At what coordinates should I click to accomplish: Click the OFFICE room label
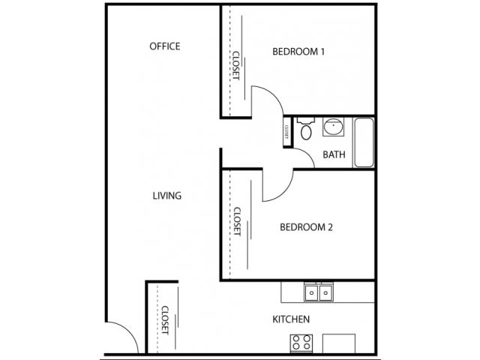(165, 46)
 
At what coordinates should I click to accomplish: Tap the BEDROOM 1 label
(298, 52)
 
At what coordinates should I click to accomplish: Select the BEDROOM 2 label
(306, 227)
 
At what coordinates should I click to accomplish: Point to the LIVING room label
(166, 196)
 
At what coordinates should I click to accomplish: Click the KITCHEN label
(291, 319)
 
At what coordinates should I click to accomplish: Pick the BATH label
(334, 154)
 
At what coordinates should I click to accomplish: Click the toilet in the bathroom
(306, 128)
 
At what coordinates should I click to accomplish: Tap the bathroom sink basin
(333, 127)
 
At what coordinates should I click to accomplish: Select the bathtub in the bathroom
(364, 142)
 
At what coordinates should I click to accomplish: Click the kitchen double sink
(319, 292)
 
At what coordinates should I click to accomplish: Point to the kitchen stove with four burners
(301, 343)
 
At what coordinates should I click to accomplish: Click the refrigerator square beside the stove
(339, 343)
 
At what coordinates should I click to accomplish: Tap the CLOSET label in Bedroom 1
(236, 65)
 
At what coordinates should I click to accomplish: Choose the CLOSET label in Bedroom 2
(237, 222)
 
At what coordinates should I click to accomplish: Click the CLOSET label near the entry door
(165, 320)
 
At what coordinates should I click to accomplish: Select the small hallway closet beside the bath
(288, 132)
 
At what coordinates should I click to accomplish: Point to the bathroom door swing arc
(307, 154)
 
